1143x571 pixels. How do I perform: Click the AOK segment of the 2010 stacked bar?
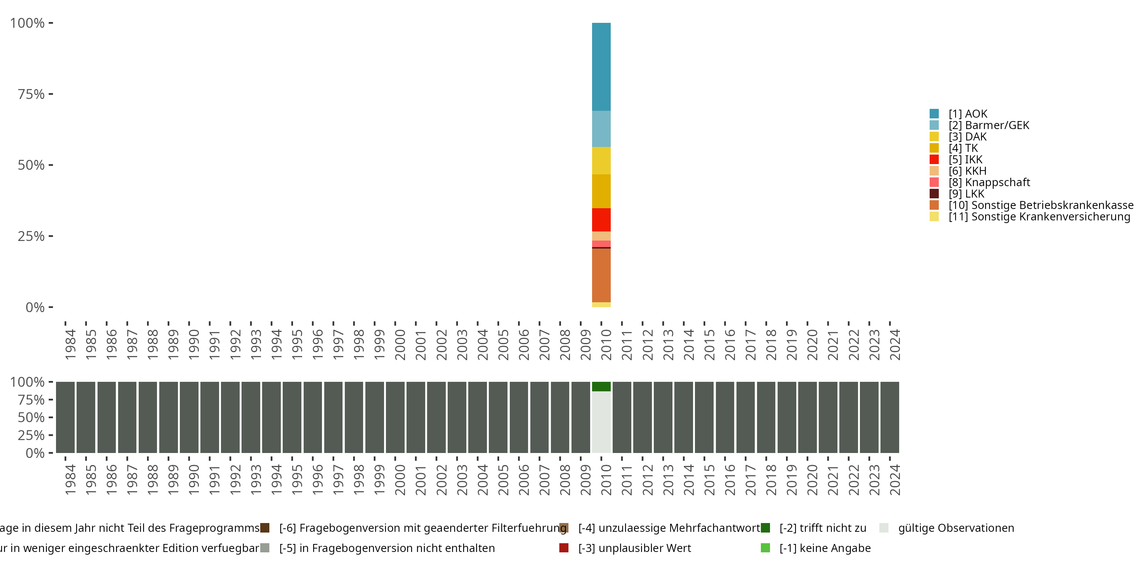601,67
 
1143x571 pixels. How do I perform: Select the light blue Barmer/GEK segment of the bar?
601,129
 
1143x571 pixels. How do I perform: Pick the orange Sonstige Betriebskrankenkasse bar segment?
601,275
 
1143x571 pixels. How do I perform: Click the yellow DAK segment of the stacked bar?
601,161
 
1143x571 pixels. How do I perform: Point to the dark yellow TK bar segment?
601,191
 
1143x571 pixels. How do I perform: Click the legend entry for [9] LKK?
966,194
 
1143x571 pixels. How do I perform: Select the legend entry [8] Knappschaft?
989,182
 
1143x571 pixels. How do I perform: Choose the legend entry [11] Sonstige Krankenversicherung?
1039,217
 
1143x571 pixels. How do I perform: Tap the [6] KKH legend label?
967,171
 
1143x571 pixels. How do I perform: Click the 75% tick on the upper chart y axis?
31,94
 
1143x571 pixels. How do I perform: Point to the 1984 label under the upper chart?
70,345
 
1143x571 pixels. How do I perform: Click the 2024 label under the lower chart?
895,480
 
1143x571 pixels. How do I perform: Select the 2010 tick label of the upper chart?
606,345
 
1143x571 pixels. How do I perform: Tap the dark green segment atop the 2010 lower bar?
601,386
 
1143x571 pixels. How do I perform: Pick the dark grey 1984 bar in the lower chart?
65,417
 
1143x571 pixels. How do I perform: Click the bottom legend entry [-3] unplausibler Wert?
634,548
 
